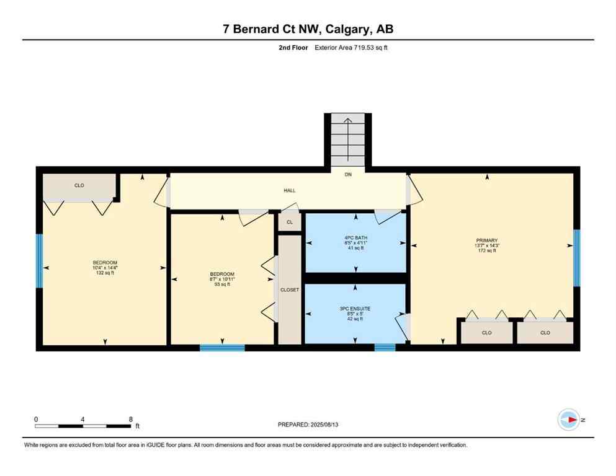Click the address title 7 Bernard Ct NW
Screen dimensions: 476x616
coord(308,29)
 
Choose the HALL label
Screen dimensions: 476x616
coord(289,191)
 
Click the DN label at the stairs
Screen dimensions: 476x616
coord(348,175)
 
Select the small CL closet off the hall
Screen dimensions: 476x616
coord(290,222)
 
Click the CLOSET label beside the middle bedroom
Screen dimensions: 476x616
coord(290,289)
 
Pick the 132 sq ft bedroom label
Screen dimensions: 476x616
coord(105,267)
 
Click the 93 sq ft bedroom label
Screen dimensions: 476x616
coord(222,279)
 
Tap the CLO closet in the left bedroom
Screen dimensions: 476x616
coord(79,186)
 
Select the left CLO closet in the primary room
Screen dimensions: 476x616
coord(486,333)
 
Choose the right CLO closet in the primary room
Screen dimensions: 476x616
coord(545,333)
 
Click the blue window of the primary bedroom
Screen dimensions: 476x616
coord(576,258)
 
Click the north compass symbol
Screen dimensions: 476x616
coord(568,420)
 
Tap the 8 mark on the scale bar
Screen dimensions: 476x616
coord(130,419)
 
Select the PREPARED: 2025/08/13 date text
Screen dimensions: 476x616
coord(308,425)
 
